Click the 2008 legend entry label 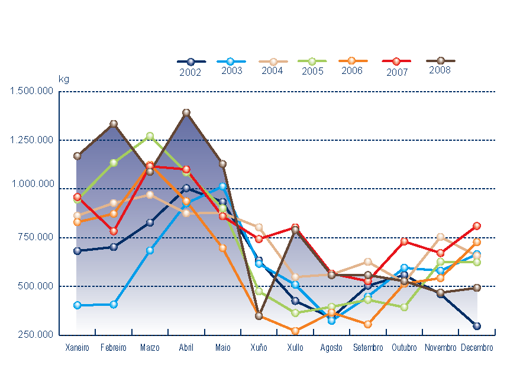point(441,70)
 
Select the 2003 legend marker point(231,61)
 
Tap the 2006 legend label point(352,70)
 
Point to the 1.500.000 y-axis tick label point(32,91)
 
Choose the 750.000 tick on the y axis point(37,237)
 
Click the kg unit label point(63,79)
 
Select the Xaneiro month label point(77,348)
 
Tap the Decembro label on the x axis point(477,348)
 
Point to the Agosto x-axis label point(331,348)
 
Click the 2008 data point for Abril point(186,112)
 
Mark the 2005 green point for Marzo point(150,136)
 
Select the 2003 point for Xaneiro point(77,305)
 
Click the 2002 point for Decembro point(477,326)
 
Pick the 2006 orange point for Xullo point(295,331)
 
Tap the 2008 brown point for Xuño point(259,316)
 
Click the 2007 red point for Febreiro point(114,231)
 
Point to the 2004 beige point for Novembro point(440,237)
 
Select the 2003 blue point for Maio point(222,186)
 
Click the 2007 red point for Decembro point(477,226)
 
